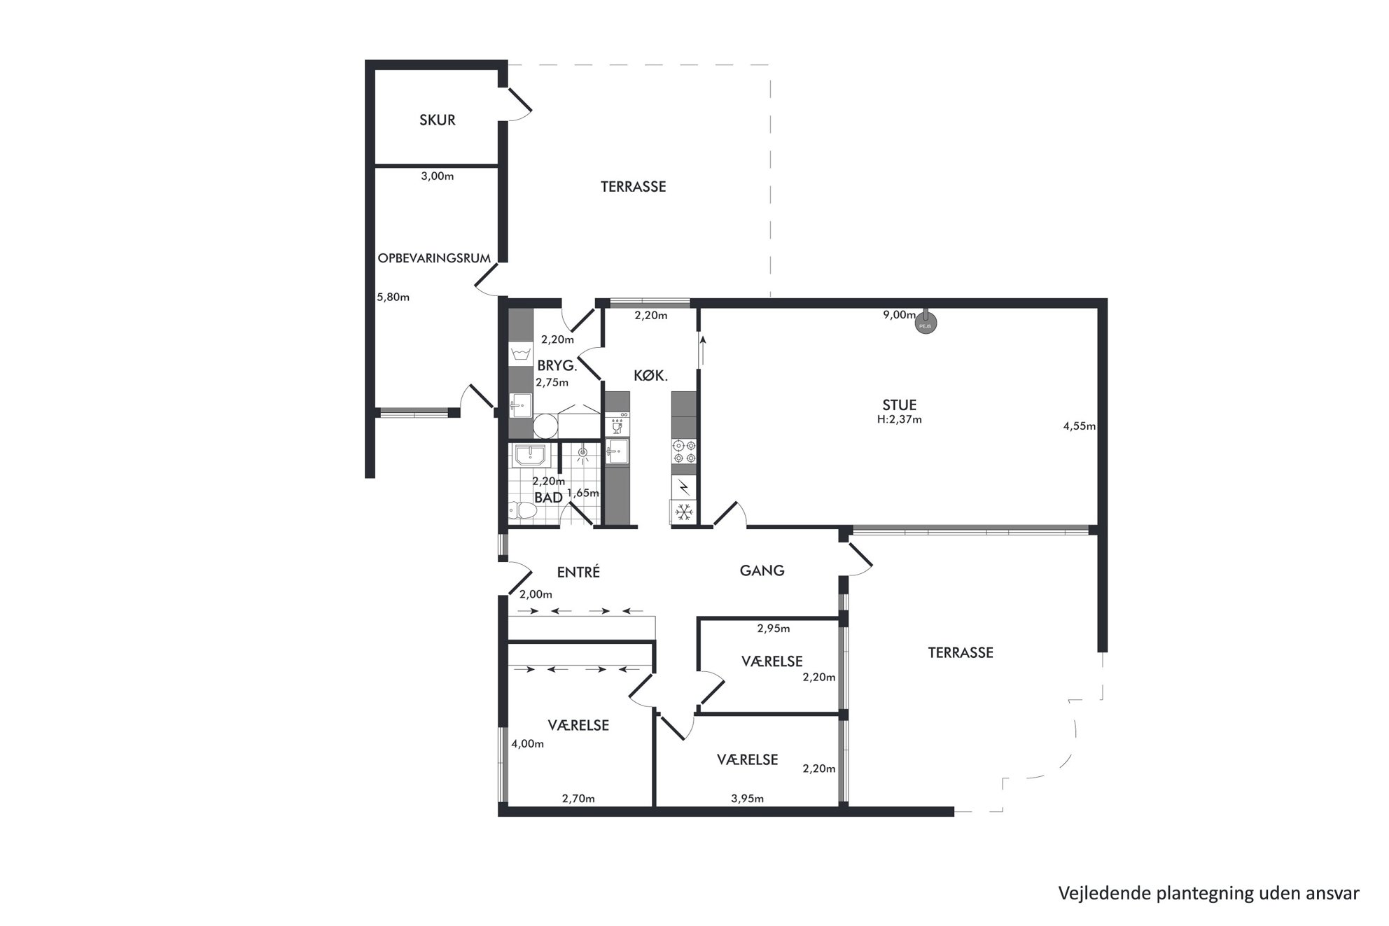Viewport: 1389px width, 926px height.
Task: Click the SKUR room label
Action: click(437, 120)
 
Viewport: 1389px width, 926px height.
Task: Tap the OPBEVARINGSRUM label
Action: click(434, 258)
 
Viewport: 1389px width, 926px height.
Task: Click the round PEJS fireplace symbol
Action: click(926, 323)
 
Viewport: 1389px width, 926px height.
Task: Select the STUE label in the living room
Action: click(900, 405)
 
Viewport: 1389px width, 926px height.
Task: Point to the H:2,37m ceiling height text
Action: click(900, 420)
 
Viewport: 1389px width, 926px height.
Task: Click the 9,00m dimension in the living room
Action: click(899, 315)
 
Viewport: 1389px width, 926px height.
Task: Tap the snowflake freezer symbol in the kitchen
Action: click(684, 512)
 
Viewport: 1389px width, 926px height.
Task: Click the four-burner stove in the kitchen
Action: click(684, 451)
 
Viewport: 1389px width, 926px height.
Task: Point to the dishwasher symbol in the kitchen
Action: click(617, 425)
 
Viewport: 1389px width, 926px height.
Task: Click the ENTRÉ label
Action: click(578, 572)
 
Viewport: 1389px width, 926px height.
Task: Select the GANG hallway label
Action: click(762, 570)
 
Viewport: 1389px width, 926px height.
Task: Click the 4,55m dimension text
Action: click(1079, 426)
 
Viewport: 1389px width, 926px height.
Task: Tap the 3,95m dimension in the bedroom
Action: click(747, 798)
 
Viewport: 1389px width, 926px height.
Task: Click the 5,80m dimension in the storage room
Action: click(393, 297)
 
